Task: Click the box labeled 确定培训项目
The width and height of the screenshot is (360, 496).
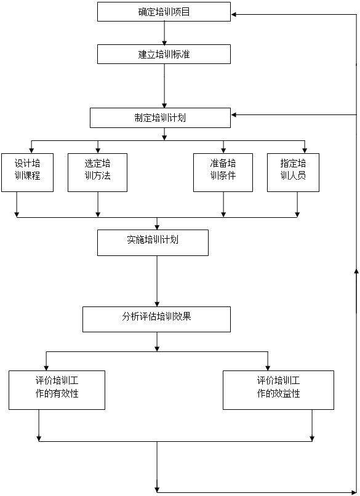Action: [x=164, y=12]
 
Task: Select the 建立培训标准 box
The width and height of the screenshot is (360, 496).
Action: [x=164, y=54]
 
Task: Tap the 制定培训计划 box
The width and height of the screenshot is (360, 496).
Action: [x=160, y=118]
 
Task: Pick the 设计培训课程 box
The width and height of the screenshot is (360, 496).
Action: [x=27, y=172]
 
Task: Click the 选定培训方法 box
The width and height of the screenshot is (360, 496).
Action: [x=97, y=172]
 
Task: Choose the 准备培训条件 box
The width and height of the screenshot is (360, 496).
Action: [x=223, y=172]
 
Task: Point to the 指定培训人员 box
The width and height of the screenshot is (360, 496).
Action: [x=293, y=172]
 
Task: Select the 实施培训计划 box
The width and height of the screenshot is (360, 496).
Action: [x=153, y=242]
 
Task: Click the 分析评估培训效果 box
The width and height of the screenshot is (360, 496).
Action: [x=156, y=319]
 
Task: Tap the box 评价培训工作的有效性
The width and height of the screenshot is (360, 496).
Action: [x=57, y=390]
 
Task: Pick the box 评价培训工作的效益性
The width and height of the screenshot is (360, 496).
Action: [x=278, y=390]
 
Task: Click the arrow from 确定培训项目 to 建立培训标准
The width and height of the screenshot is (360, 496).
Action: [x=164, y=33]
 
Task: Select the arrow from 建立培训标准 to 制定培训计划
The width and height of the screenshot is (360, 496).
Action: [x=164, y=86]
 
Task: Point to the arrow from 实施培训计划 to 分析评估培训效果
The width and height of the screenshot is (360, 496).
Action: [x=157, y=281]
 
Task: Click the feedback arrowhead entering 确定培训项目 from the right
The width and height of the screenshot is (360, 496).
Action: [x=233, y=14]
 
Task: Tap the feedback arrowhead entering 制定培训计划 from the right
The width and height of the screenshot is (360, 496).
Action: [x=233, y=115]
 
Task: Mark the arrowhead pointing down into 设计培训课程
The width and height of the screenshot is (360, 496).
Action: [x=31, y=151]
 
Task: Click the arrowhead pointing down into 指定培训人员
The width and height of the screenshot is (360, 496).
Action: [x=305, y=151]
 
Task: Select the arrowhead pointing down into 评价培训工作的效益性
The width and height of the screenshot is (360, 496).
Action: [x=268, y=368]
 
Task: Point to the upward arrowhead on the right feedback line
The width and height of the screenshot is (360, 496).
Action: [x=356, y=271]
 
